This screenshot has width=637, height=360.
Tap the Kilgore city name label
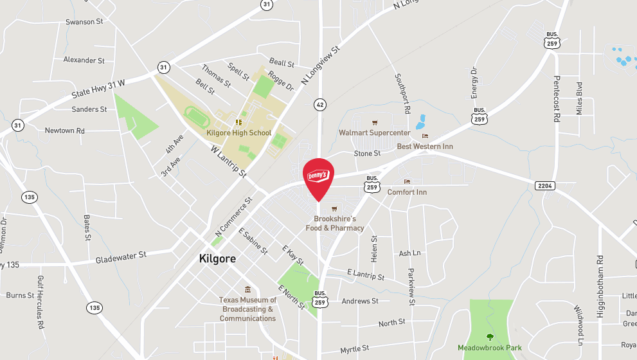click(217, 259)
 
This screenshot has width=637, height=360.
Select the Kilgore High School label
click(239, 133)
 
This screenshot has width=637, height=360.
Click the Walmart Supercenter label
click(375, 133)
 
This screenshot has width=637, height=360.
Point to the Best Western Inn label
click(425, 147)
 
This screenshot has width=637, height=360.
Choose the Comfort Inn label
click(407, 192)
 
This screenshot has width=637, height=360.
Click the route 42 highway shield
click(319, 104)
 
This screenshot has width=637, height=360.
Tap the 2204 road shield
click(543, 186)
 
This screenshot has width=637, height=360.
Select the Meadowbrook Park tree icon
click(490, 336)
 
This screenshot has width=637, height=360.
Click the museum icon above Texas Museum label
click(247, 289)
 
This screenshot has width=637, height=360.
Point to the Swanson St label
click(84, 22)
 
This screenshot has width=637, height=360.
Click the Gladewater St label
click(121, 258)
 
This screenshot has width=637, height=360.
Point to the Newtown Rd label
click(64, 130)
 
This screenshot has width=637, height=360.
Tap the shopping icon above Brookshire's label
click(334, 209)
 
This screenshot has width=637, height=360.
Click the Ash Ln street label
click(409, 253)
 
